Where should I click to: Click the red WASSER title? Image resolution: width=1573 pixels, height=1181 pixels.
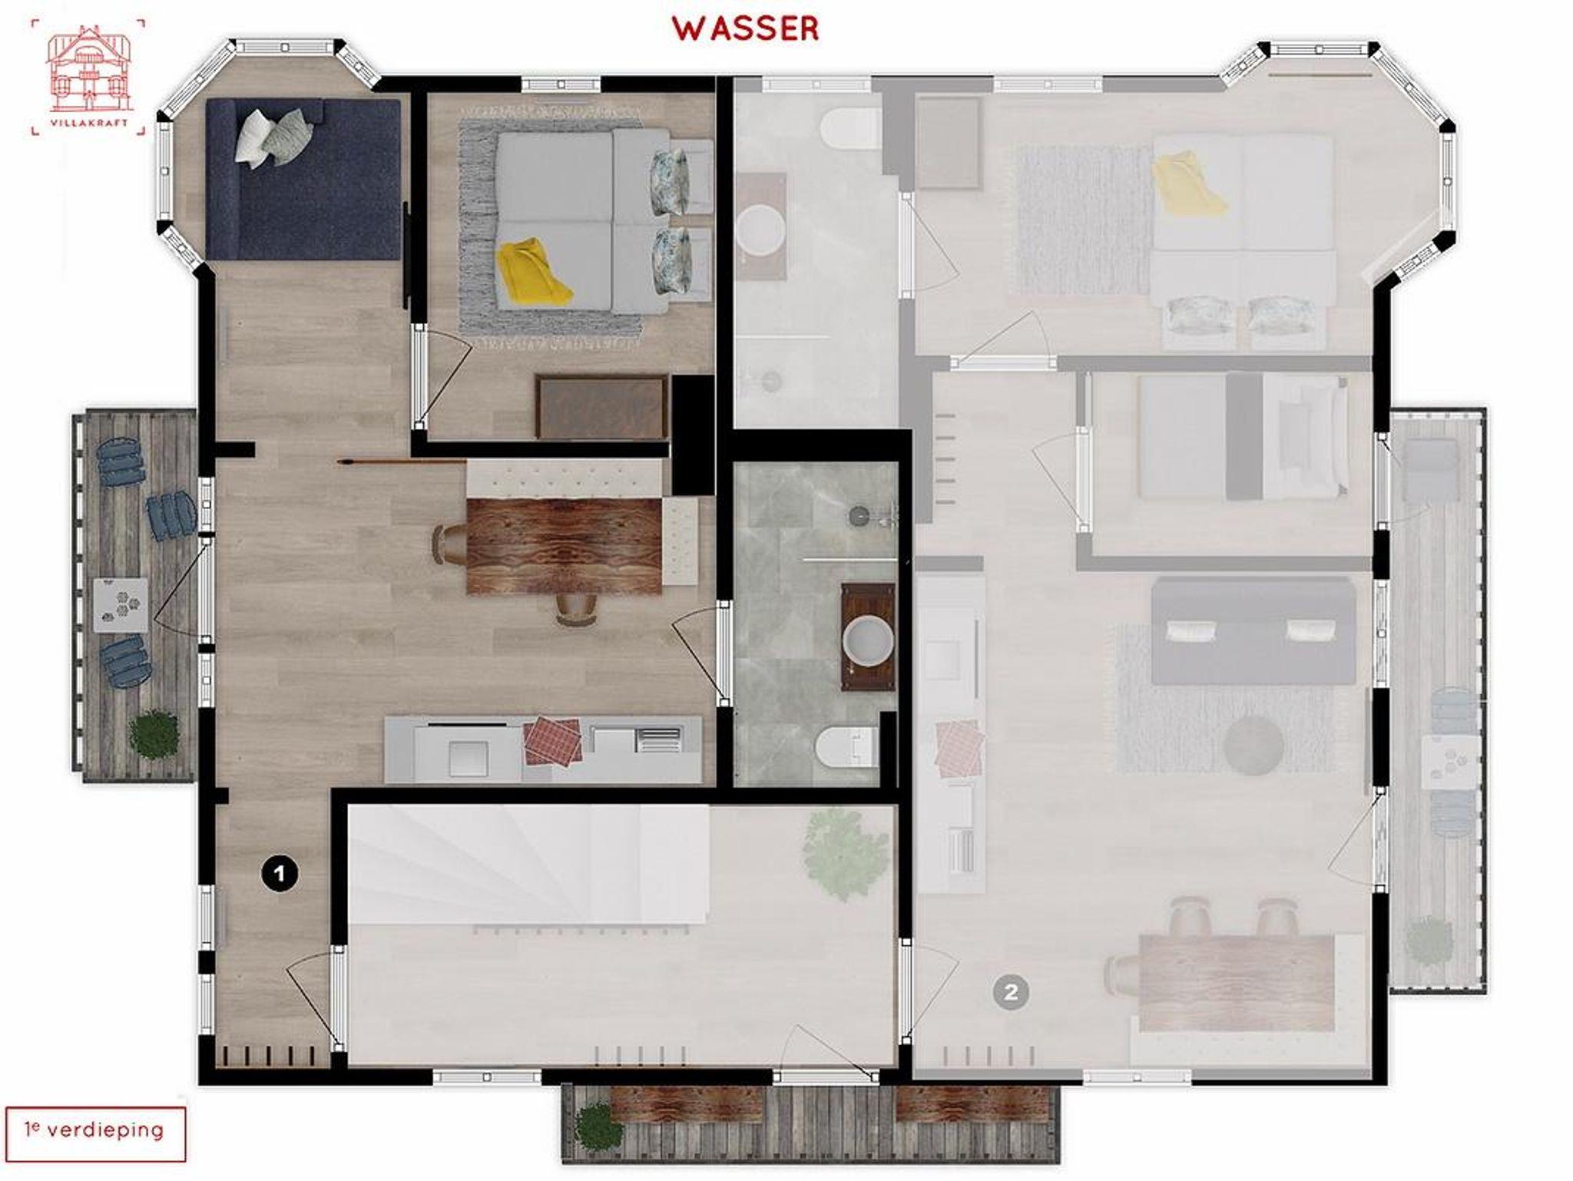tap(746, 29)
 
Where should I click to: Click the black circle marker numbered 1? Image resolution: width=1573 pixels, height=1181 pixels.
tap(279, 873)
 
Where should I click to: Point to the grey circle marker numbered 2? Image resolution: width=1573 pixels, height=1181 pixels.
tap(1010, 992)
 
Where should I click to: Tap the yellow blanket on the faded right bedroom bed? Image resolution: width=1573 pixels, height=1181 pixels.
tap(1188, 183)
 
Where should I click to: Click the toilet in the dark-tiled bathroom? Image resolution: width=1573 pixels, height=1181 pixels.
tap(846, 746)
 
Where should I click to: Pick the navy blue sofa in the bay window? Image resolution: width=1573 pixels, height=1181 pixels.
tap(303, 179)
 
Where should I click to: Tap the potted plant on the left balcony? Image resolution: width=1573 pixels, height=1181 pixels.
tap(154, 735)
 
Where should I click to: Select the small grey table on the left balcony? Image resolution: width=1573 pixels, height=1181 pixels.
tap(121, 605)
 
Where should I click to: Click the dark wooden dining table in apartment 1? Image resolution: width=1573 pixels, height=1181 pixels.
tap(565, 545)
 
